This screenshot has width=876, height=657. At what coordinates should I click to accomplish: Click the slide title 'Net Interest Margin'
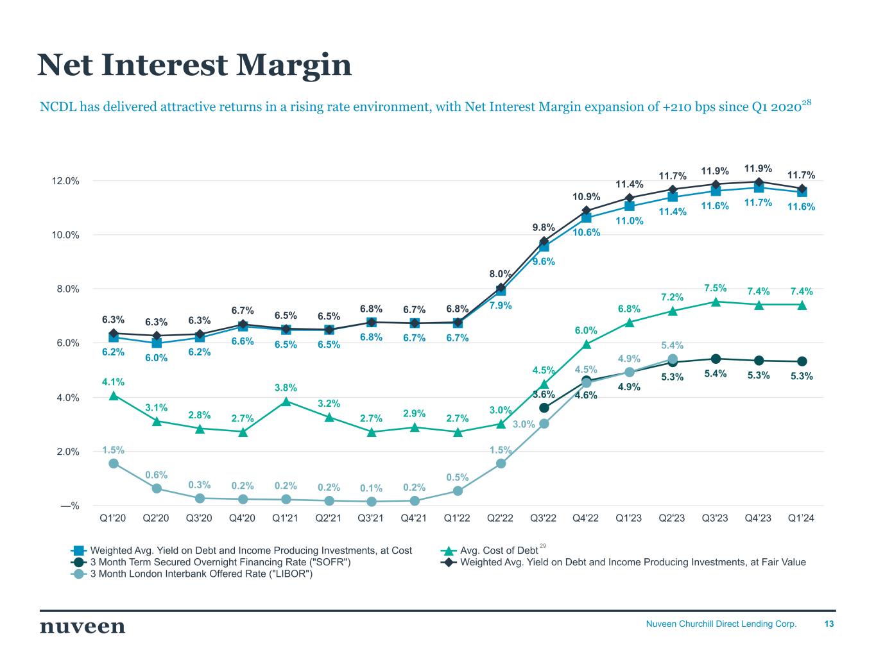click(194, 65)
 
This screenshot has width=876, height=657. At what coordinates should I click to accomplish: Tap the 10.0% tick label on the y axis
click(66, 235)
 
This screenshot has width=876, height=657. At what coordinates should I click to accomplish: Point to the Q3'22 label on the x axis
click(544, 518)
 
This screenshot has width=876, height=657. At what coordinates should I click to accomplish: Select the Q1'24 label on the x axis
click(802, 518)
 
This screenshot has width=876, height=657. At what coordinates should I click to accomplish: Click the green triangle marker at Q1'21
click(286, 402)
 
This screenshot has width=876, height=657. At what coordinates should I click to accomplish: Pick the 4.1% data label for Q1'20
click(113, 382)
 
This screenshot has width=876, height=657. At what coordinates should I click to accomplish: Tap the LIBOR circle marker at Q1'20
click(114, 463)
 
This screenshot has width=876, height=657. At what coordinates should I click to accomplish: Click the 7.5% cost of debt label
click(716, 288)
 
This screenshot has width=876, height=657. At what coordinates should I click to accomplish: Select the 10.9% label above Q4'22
click(587, 196)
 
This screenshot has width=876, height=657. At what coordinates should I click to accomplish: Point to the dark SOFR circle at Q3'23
click(716, 359)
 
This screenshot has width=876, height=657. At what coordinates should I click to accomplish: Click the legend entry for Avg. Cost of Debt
click(499, 550)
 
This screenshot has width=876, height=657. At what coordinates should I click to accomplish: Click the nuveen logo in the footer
click(82, 627)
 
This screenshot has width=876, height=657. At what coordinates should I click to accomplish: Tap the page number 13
click(829, 624)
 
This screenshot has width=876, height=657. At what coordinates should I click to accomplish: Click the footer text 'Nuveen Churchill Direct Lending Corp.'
click(721, 624)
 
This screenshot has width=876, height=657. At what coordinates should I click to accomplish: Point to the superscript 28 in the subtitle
click(807, 102)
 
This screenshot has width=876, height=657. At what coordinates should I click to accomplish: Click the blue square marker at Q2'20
click(157, 343)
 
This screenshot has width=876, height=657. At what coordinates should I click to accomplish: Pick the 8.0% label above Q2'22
click(500, 275)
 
